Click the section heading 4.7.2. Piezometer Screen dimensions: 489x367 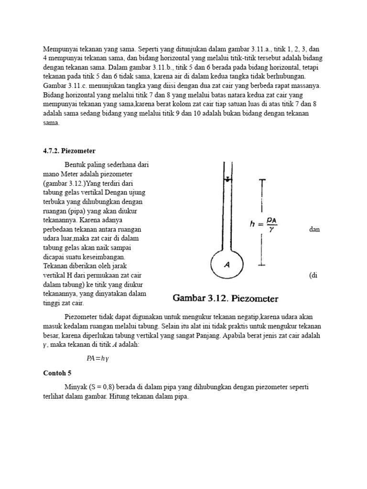point(69,150)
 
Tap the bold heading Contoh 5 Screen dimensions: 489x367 point(56,373)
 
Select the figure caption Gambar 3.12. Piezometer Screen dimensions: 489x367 point(226,299)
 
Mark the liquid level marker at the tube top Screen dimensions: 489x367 point(228,180)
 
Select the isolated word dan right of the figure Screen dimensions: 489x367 point(314,229)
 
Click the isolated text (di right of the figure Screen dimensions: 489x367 point(313,276)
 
